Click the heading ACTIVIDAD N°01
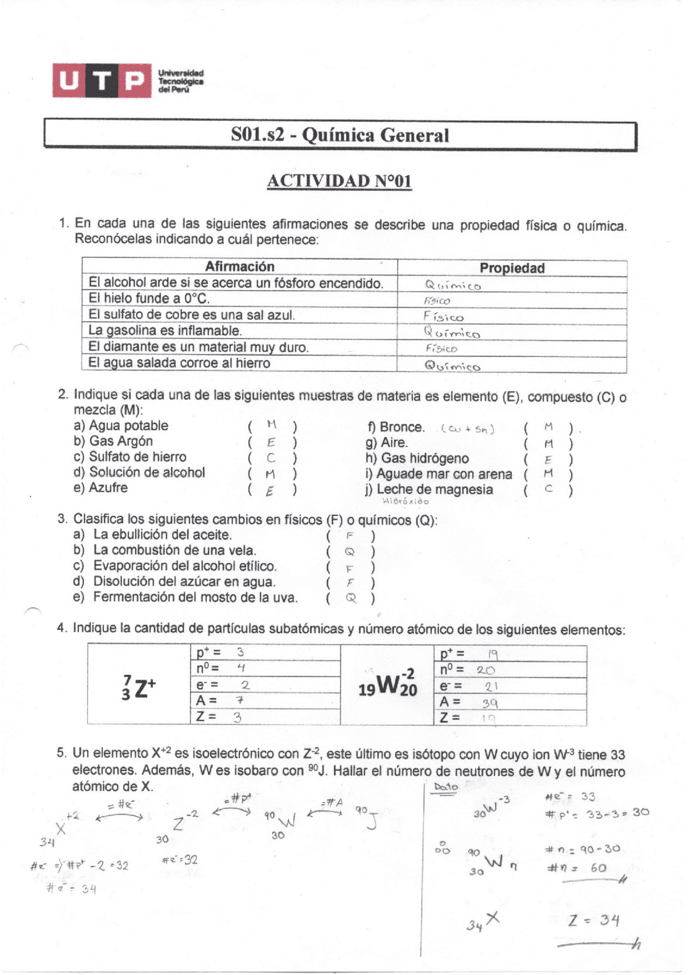click(x=339, y=181)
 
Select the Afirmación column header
click(x=240, y=267)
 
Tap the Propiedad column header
click(x=512, y=268)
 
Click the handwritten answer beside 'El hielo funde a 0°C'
click(x=437, y=301)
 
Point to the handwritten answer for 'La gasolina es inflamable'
click(x=452, y=333)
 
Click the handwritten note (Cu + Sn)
click(x=467, y=429)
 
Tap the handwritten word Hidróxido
click(x=405, y=501)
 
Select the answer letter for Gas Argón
click(x=271, y=443)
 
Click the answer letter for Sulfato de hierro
click(x=271, y=459)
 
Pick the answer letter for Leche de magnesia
click(x=549, y=489)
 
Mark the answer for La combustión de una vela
click(x=350, y=551)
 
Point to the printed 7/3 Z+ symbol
click(x=139, y=688)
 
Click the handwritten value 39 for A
click(x=489, y=703)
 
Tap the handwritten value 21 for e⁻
click(x=491, y=686)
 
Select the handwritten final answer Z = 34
click(x=593, y=920)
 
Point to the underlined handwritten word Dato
click(x=445, y=787)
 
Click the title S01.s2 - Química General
click(x=340, y=135)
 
